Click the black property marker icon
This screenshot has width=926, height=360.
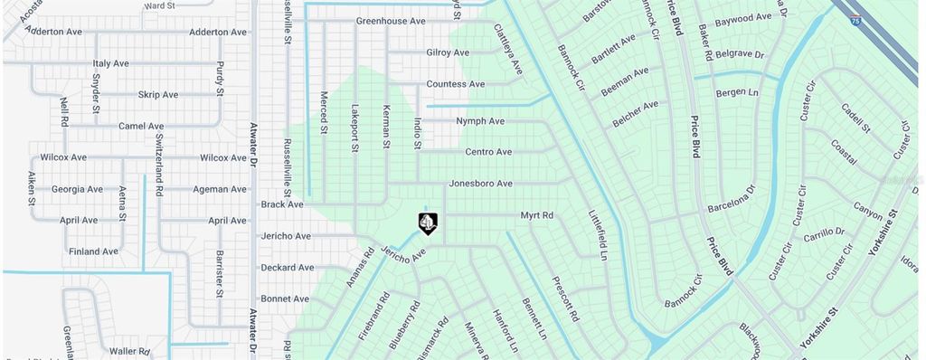click(428, 223)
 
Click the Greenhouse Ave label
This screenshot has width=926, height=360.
click(391, 21)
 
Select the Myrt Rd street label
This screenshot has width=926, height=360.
click(536, 215)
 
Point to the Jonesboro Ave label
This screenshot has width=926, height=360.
click(481, 184)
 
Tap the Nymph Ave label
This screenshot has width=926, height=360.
click(480, 121)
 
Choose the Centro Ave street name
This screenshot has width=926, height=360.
click(488, 152)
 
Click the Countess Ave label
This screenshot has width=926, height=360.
click(456, 84)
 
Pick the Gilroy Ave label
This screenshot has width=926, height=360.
click(448, 52)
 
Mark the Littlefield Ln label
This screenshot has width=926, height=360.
click(599, 234)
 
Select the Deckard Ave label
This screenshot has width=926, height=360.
click(287, 268)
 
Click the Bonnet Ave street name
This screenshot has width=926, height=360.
click(285, 298)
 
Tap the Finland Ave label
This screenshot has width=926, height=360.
click(93, 251)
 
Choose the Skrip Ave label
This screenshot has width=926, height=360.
click(158, 95)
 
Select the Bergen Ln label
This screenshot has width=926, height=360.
click(736, 92)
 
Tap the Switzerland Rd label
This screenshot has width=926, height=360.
click(159, 165)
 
